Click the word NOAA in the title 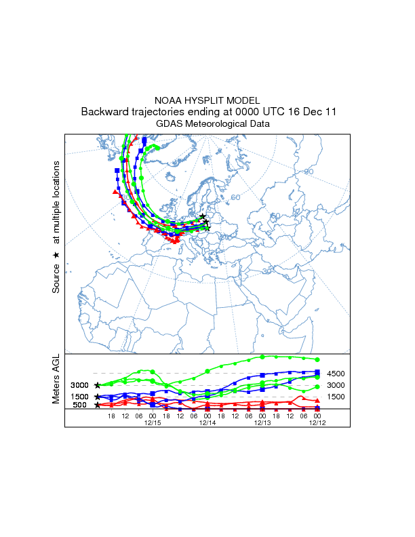pyautogui.click(x=168, y=100)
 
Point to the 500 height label pyautogui.click(x=80, y=405)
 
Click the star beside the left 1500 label pyautogui.click(x=98, y=397)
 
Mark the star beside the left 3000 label pyautogui.click(x=98, y=385)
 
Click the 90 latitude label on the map pyautogui.click(x=309, y=172)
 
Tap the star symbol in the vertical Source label pyautogui.click(x=56, y=255)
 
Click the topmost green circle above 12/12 pyautogui.click(x=317, y=359)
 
